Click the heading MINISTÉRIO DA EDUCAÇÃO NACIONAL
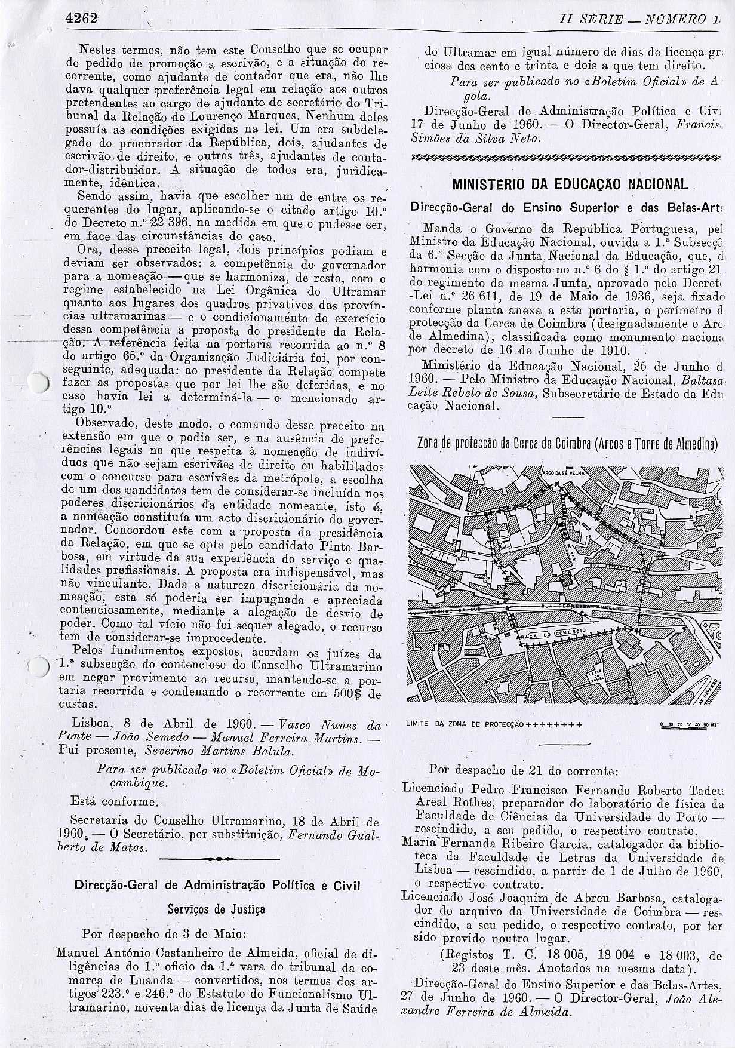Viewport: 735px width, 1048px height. coord(570,184)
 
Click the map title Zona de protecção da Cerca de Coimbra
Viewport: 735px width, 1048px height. coord(567,443)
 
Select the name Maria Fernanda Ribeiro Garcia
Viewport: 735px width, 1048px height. coord(469,842)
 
